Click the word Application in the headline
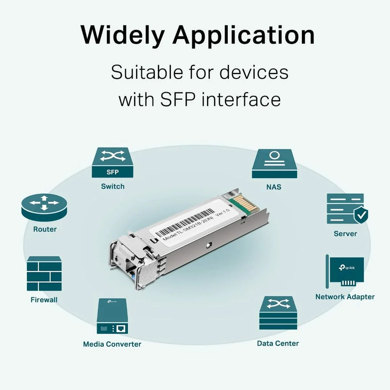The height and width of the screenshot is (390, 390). pos(243,35)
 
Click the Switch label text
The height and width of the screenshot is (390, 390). pos(112,187)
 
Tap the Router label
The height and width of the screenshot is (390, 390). pos(45,229)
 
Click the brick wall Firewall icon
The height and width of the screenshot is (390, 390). pos(44,273)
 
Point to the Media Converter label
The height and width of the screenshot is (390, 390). pos(112,344)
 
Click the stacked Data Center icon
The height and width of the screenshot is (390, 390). pos(278,312)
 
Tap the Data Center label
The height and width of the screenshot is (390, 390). pos(278,344)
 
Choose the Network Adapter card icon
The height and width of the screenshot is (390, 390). pos(345,271)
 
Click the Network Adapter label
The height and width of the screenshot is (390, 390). pos(345,297)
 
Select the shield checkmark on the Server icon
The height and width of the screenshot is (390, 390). pos(360,215)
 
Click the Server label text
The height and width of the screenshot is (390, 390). pos(345,234)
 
